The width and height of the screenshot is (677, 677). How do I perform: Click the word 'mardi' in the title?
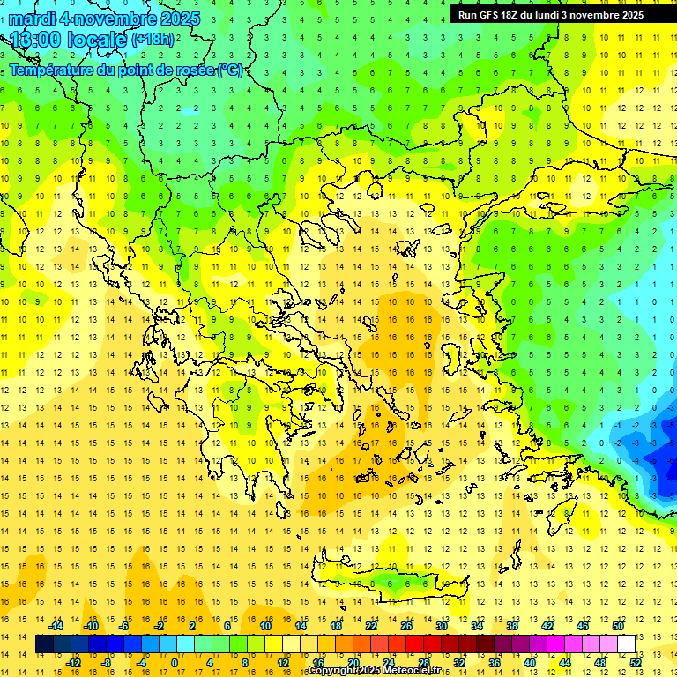coord(33,19)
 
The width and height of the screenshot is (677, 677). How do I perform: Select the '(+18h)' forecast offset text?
coord(153,40)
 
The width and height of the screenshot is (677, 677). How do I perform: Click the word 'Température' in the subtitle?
coord(54,70)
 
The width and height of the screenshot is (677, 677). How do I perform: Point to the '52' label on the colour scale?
coord(636,662)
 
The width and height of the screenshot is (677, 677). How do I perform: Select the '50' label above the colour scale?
coord(618,626)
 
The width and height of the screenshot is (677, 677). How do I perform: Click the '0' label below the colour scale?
coord(175,662)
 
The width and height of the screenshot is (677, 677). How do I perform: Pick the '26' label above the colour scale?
coord(406,626)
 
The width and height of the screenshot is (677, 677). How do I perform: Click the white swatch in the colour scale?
coord(627,644)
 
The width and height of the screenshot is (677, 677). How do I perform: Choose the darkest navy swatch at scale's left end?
coord(45,644)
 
